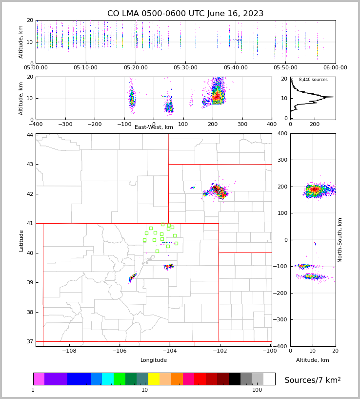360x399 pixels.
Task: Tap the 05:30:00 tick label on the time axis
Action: (186, 68)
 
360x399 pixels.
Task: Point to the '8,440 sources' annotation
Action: (313, 80)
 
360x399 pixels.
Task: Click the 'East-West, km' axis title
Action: (154, 127)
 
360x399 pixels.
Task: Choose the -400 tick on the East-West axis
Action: (36, 124)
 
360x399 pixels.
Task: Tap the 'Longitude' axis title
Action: (154, 360)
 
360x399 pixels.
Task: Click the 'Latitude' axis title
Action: (21, 240)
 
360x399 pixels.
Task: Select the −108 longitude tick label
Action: (69, 351)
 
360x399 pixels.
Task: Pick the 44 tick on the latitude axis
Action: (30, 135)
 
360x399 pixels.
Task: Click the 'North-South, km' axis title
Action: (340, 240)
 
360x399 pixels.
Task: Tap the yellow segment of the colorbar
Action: (154, 379)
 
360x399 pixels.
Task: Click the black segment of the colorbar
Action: (235, 379)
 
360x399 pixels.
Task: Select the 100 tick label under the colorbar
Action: (257, 390)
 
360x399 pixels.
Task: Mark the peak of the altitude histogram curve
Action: (333, 97)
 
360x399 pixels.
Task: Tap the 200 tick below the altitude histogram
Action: (314, 124)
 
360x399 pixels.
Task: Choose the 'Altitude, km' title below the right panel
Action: (313, 360)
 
